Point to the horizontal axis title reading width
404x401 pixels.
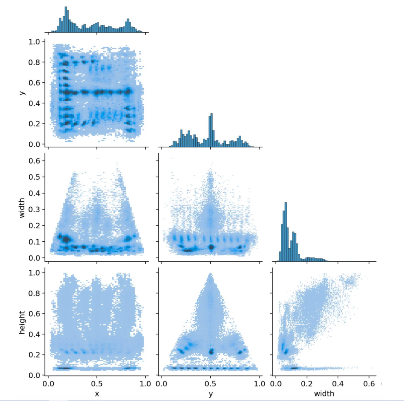click(324, 394)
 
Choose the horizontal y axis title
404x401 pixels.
click(210, 394)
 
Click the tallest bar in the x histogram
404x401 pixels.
click(66, 19)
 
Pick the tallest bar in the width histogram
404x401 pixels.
click(286, 231)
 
